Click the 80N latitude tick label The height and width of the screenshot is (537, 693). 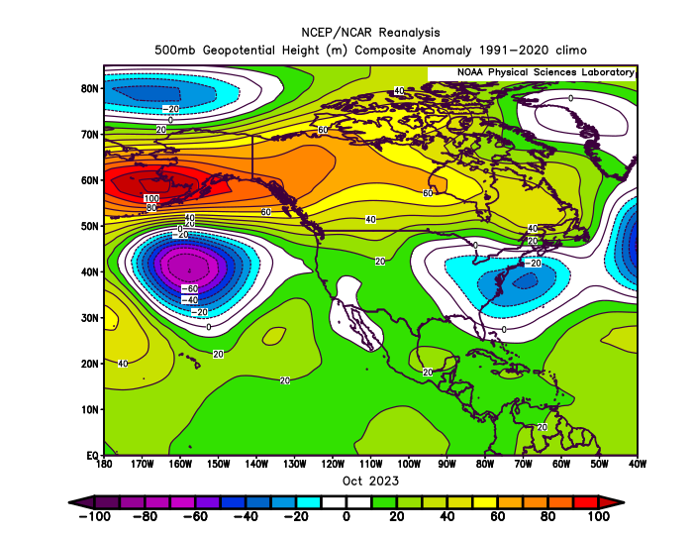click(x=89, y=88)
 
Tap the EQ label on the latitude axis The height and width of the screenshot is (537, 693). click(x=92, y=456)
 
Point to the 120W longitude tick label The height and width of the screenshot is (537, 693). click(x=333, y=464)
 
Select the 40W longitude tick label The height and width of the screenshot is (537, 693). click(x=637, y=464)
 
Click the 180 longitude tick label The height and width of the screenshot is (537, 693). click(x=104, y=464)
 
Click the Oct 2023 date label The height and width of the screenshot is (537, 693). click(x=370, y=481)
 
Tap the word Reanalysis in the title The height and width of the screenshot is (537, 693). click(x=409, y=33)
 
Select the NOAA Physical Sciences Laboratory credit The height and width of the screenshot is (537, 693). click(x=545, y=72)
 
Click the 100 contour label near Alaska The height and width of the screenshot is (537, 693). click(x=151, y=198)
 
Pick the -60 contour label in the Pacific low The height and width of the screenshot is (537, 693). click(x=190, y=289)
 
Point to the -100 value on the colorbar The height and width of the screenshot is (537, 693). click(x=95, y=516)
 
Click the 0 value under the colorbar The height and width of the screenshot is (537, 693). click(x=346, y=516)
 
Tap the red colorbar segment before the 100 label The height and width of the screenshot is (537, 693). click(x=586, y=502)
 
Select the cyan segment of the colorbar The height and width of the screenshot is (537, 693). click(x=309, y=502)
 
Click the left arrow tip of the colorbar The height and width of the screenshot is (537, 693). click(x=69, y=502)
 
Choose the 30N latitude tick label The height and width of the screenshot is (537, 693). click(x=89, y=318)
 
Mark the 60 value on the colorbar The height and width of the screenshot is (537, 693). click(x=497, y=516)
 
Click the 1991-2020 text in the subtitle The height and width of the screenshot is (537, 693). click(x=514, y=50)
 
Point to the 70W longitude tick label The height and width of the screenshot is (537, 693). click(x=523, y=464)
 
